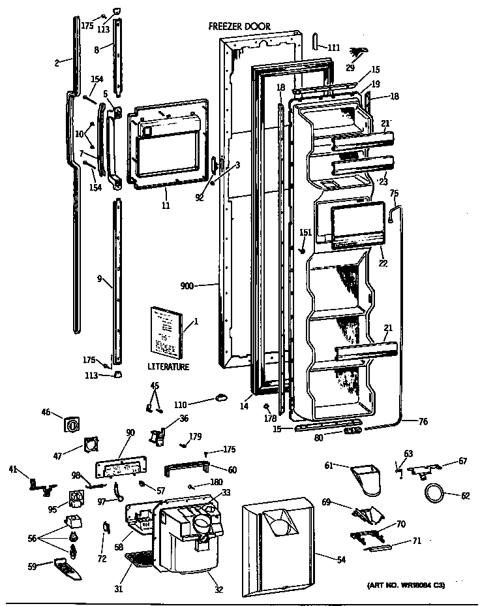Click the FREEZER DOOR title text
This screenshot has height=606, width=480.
tap(239, 27)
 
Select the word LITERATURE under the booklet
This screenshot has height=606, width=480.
tap(168, 367)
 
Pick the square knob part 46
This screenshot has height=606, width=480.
tap(72, 424)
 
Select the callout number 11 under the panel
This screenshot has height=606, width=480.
tap(166, 206)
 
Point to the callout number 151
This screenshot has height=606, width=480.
tap(305, 232)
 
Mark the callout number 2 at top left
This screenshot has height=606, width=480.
tap(57, 63)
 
